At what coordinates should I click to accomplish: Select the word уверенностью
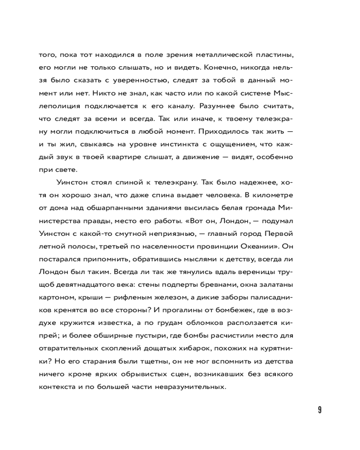point(128,81)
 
